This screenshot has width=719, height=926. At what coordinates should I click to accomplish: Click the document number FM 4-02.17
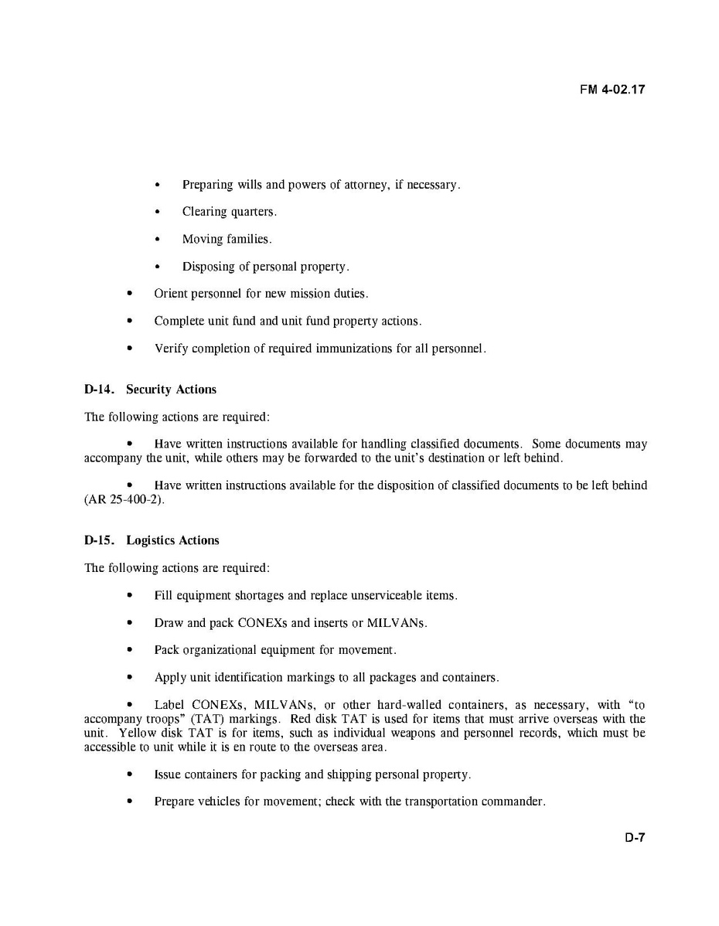click(612, 90)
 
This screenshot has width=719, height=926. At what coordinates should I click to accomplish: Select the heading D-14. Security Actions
click(150, 390)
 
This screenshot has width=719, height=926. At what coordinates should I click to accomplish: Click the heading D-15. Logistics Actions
click(152, 540)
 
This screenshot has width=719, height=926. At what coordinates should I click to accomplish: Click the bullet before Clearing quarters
click(158, 212)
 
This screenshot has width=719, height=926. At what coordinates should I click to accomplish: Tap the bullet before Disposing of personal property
click(158, 267)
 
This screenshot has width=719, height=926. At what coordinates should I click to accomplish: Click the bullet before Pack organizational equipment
click(130, 651)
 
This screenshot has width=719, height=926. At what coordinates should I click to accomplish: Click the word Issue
click(168, 775)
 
